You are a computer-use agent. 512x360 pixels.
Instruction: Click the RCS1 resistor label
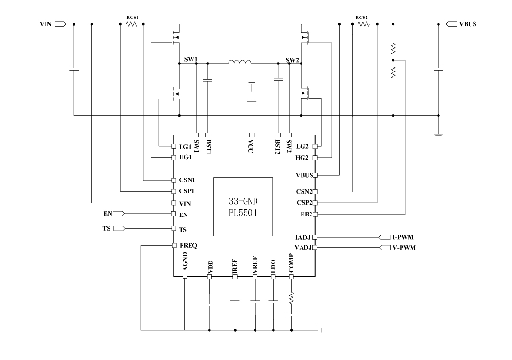pyautogui.click(x=132, y=18)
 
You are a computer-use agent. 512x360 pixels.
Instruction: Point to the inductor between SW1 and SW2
pyautogui.click(x=240, y=62)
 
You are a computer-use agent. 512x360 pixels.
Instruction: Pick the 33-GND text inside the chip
pyautogui.click(x=243, y=200)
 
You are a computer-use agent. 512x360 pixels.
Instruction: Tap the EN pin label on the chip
pyautogui.click(x=184, y=215)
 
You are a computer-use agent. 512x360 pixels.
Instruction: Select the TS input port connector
pyautogui.click(x=119, y=228)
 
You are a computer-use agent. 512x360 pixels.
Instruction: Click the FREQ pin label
pyautogui.click(x=188, y=246)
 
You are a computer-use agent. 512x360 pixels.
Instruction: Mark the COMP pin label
pyautogui.click(x=291, y=263)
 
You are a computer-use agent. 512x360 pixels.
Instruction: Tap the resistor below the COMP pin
pyautogui.click(x=291, y=297)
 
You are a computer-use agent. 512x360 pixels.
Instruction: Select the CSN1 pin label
pyautogui.click(x=188, y=180)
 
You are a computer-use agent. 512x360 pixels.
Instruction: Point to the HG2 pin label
pyautogui.click(x=302, y=157)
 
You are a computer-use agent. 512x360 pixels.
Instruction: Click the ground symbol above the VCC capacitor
pyautogui.click(x=252, y=83)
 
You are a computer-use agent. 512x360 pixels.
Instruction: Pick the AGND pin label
pyautogui.click(x=185, y=262)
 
